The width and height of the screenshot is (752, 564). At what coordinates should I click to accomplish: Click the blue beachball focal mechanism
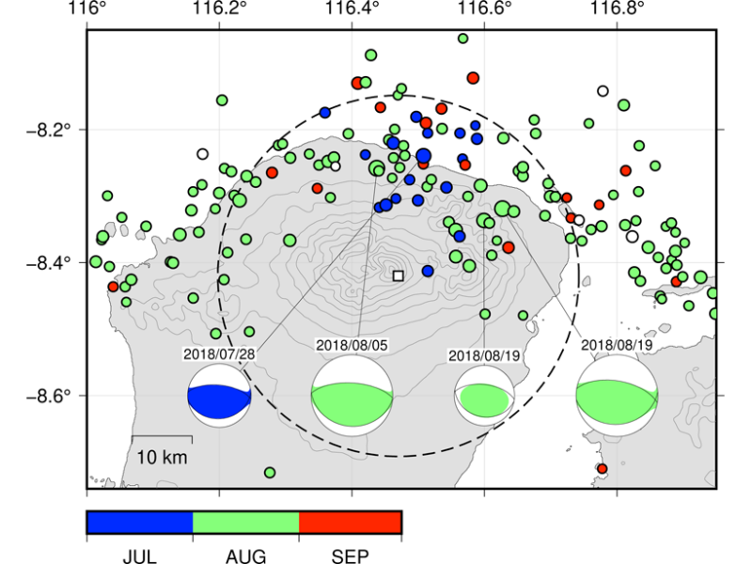click(219, 396)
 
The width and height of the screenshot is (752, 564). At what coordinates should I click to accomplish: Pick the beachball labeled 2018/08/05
click(352, 396)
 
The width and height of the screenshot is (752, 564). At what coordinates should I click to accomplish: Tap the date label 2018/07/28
click(219, 354)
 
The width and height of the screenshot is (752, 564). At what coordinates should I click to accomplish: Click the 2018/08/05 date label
click(352, 345)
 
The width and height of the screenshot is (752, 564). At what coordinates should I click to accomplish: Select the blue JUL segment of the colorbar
click(140, 523)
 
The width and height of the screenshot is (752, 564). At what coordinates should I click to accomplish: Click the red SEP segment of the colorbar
click(350, 523)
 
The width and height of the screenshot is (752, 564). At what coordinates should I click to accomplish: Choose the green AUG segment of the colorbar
click(246, 523)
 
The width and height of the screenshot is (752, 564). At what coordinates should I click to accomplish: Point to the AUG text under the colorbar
click(245, 556)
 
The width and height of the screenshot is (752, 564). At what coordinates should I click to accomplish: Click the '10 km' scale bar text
click(162, 457)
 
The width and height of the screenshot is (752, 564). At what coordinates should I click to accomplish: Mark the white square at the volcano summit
click(398, 275)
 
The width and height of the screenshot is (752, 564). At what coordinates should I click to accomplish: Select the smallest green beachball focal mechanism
click(484, 396)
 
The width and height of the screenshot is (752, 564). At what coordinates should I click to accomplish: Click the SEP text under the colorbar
click(350, 556)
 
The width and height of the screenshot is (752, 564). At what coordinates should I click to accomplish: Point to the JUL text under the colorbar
click(139, 556)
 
